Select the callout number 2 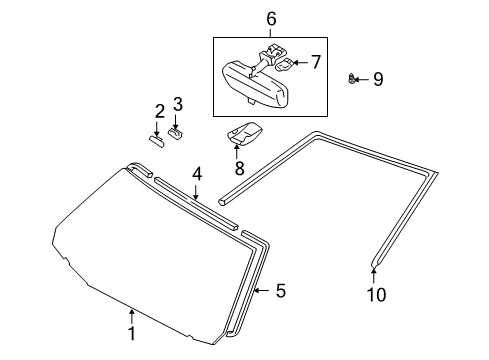[x=157, y=110]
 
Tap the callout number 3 [x=178, y=104]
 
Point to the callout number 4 [x=197, y=174]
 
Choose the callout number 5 [x=281, y=291]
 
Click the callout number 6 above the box [x=270, y=18]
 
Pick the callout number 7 [x=315, y=62]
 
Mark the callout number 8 [x=237, y=167]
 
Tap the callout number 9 [x=377, y=78]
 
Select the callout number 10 [x=374, y=295]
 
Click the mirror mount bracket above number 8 [x=244, y=133]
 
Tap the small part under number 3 [x=177, y=131]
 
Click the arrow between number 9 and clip [x=365, y=78]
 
